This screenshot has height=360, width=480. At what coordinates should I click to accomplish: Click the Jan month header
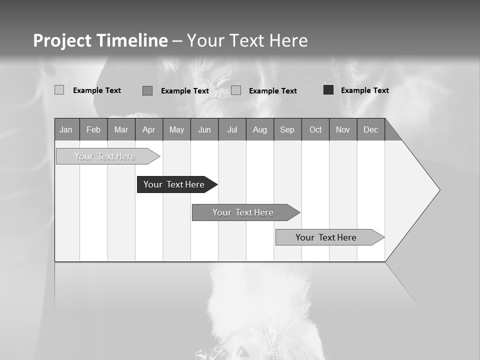pyautogui.click(x=66, y=130)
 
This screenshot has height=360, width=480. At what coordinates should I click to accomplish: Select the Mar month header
pyautogui.click(x=121, y=130)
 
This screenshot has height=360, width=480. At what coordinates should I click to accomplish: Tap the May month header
pyautogui.click(x=176, y=130)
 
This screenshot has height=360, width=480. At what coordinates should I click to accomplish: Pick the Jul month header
pyautogui.click(x=232, y=130)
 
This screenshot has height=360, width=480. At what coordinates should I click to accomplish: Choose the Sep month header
pyautogui.click(x=287, y=130)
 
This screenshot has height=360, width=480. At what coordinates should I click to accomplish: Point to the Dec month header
pyautogui.click(x=370, y=130)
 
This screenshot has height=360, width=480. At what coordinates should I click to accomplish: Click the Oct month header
pyautogui.click(x=315, y=130)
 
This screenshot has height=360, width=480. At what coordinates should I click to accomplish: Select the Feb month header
pyautogui.click(x=93, y=130)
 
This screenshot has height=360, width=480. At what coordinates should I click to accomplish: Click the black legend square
pyautogui.click(x=328, y=90)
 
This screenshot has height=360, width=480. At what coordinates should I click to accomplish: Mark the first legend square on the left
pyautogui.click(x=59, y=90)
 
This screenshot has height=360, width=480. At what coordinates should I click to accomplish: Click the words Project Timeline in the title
pyautogui.click(x=100, y=40)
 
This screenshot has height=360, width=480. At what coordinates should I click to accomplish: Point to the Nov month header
pyautogui.click(x=343, y=130)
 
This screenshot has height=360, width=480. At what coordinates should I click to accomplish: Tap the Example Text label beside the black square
pyautogui.click(x=364, y=90)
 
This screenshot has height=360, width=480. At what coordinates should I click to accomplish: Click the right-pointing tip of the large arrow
pyautogui.click(x=438, y=190)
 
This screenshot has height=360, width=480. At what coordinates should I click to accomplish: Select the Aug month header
pyautogui.click(x=259, y=130)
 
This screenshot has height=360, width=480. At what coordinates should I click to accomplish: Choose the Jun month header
pyautogui.click(x=204, y=130)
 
